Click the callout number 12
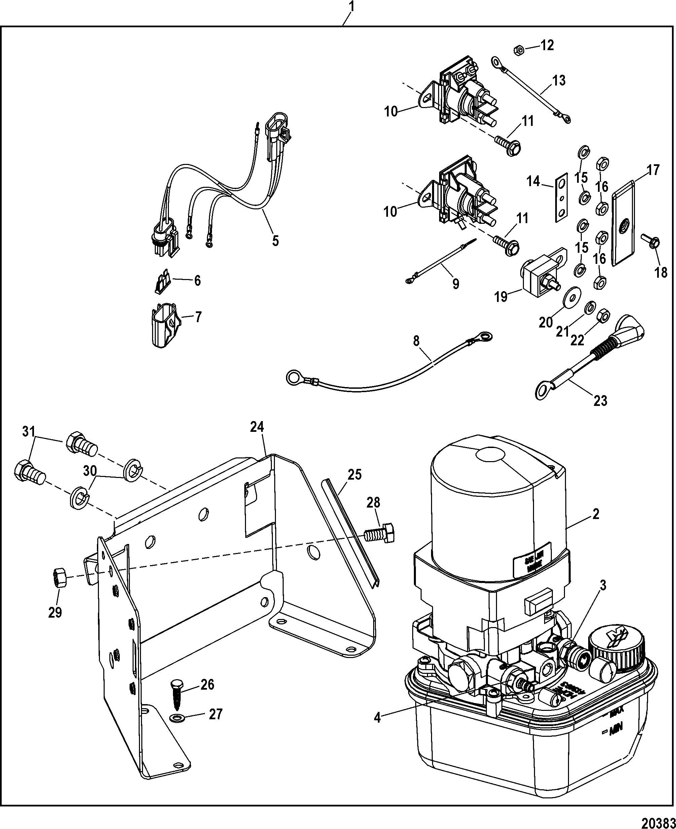pyautogui.click(x=547, y=45)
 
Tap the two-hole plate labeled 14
pyautogui.click(x=561, y=198)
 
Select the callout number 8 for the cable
pyautogui.click(x=416, y=342)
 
